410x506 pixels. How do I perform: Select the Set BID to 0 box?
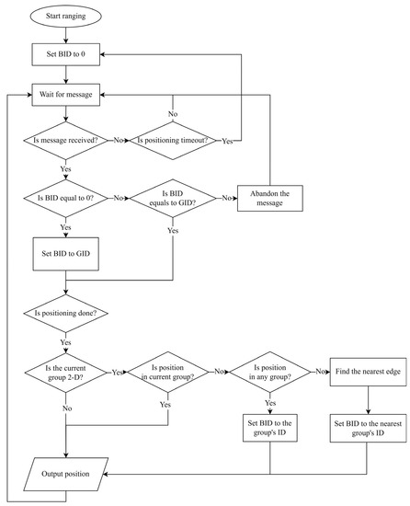pos(67,54)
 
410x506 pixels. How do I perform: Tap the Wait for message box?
pos(67,94)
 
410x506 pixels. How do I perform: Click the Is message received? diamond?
pos(67,141)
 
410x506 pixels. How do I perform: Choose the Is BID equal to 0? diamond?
pos(67,198)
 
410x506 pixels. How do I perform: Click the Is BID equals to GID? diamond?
pos(174,198)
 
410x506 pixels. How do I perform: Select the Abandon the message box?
pos(271,198)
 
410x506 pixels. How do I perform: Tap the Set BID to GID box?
pos(67,251)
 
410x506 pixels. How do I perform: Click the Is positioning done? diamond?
pos(67,312)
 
